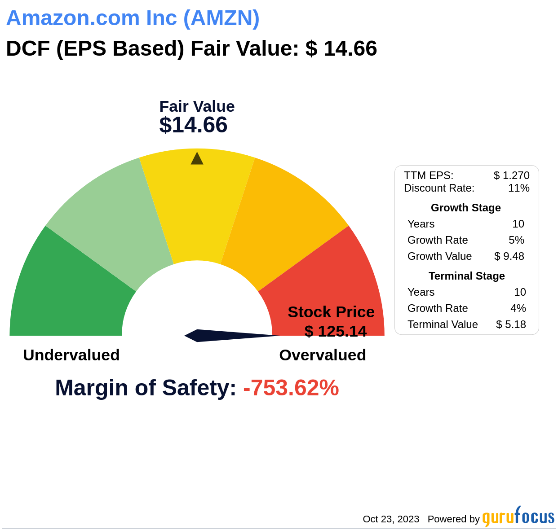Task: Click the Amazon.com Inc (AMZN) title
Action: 133,18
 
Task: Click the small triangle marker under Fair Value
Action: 197,159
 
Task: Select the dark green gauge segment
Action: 67,292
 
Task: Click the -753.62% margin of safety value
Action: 291,388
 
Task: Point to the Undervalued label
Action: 71,355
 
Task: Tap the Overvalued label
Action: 322,355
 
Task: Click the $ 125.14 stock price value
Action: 335,331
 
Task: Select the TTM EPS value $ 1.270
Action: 511,175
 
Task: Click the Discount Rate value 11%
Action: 518,188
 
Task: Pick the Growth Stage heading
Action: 465,208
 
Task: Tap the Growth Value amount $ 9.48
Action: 509,256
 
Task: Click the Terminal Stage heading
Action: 466,276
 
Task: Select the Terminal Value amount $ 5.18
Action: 511,324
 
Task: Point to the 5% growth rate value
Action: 516,240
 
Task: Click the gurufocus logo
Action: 518,517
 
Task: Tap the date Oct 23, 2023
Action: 391,519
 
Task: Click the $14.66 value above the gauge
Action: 193,125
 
